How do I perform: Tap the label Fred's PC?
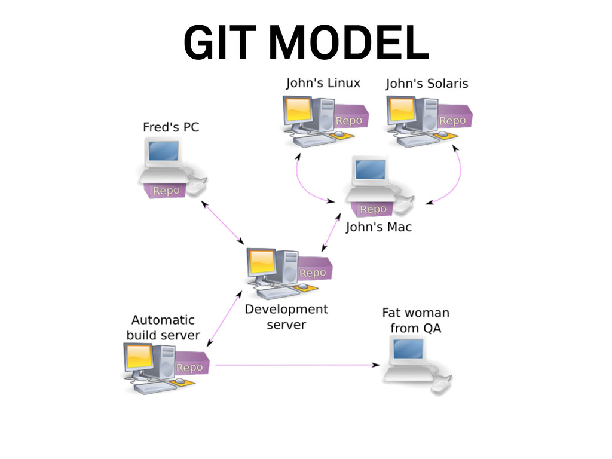coord(171,127)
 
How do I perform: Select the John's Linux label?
coord(323,83)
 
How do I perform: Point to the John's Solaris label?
coord(427,84)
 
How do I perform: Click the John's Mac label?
coord(379,227)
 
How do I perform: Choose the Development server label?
coord(286,317)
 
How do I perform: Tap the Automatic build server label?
coord(163,328)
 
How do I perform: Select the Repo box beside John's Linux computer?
coord(349,121)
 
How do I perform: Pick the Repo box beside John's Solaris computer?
coord(452,121)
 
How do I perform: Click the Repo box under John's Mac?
coord(374,209)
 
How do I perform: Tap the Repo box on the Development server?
coord(313,273)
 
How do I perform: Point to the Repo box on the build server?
coord(190,368)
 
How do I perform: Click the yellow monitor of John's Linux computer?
coord(298,109)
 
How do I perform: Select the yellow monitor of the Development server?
coord(261,261)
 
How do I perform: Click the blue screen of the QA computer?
coord(408,347)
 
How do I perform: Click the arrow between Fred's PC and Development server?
coord(224,222)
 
